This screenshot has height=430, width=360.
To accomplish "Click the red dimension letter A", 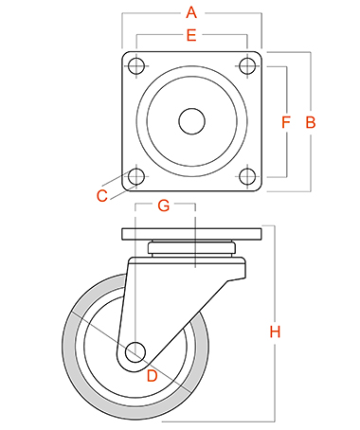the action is [191, 12].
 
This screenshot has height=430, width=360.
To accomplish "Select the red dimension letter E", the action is [191, 35].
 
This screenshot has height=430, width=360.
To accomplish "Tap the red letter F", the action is [286, 122].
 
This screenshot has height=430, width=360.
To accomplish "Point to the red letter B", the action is [311, 122].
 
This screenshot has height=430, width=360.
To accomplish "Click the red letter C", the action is [102, 196].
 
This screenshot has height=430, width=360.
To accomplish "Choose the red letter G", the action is [164, 206].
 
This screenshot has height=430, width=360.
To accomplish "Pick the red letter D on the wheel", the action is [153, 376].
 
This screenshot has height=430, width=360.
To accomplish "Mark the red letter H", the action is [275, 331].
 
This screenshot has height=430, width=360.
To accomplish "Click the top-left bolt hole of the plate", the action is [136, 66].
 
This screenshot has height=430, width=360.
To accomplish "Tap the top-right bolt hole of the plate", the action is [247, 66].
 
